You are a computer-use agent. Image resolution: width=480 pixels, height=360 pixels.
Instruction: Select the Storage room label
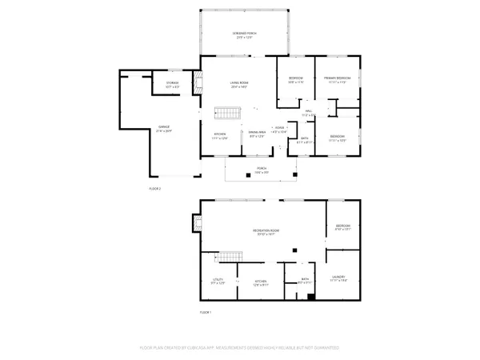[x=172, y=84]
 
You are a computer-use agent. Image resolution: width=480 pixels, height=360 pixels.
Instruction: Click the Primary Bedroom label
[x=338, y=79]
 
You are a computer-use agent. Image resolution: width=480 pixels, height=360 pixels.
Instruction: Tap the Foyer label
[x=279, y=129]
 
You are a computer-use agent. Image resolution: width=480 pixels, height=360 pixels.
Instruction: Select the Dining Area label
[x=256, y=134]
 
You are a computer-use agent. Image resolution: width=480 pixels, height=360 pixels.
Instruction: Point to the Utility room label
[x=218, y=281]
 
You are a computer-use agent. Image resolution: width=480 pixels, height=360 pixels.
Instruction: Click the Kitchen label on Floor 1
[x=261, y=281]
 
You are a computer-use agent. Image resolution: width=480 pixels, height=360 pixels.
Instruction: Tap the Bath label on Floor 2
[x=305, y=141]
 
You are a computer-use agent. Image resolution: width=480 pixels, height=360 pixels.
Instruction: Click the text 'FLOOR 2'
[x=155, y=188]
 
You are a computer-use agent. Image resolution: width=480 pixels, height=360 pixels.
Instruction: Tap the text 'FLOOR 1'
[x=206, y=312]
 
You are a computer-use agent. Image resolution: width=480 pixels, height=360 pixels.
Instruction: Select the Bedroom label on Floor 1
[x=342, y=227]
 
